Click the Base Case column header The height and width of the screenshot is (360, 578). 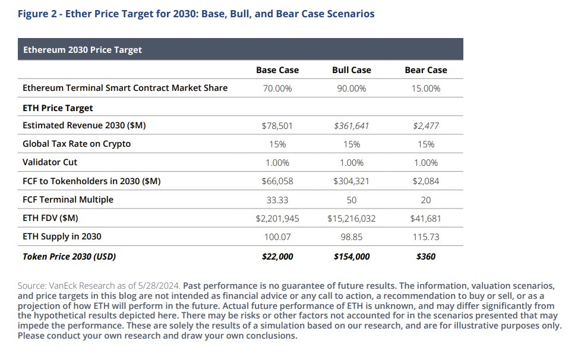click(277, 70)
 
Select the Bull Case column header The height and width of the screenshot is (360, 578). click(351, 70)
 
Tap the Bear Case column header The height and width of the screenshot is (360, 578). click(426, 70)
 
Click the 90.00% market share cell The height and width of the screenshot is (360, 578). click(351, 88)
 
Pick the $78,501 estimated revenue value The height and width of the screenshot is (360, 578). click(277, 126)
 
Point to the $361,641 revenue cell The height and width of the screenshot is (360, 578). click(351, 126)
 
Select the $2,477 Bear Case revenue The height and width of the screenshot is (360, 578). click(426, 126)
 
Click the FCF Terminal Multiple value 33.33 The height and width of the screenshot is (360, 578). click(277, 200)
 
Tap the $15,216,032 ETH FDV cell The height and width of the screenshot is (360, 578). click(351, 219)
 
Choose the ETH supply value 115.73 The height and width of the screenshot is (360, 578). click(426, 236)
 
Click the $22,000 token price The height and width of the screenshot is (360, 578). click(277, 257)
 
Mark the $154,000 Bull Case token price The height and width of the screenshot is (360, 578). click(351, 257)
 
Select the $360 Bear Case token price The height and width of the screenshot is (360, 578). click(426, 257)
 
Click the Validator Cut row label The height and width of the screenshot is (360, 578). click(50, 162)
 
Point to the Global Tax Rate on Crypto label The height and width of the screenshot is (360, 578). click(77, 144)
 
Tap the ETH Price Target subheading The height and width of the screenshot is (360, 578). click(58, 108)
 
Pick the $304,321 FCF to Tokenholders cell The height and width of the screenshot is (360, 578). click(351, 181)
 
